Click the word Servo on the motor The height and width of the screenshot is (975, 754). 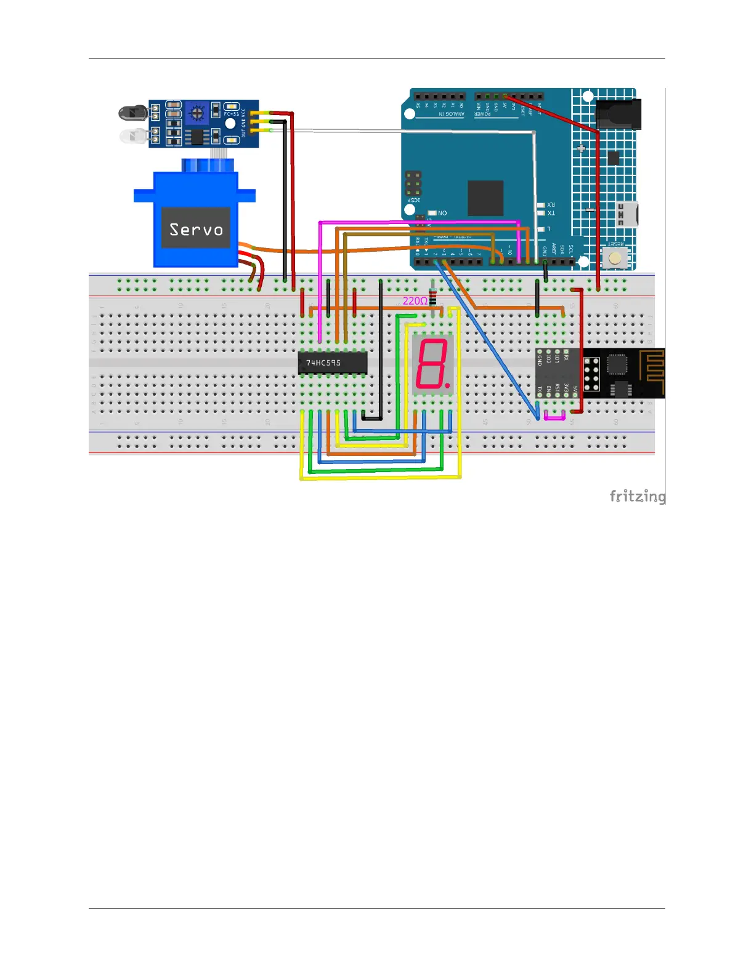click(x=196, y=230)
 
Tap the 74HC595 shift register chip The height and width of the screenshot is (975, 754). click(x=332, y=363)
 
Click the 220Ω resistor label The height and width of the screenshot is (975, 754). click(x=415, y=301)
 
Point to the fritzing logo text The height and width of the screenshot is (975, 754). click(x=637, y=496)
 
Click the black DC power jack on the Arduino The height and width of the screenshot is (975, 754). click(x=618, y=114)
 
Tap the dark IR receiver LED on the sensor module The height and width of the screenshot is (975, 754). click(x=132, y=113)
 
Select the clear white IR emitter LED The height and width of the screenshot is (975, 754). click(x=132, y=136)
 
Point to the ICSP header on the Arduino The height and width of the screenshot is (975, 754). click(x=413, y=183)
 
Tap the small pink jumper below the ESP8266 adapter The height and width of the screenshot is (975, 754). click(x=554, y=417)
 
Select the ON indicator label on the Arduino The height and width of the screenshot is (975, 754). click(x=442, y=213)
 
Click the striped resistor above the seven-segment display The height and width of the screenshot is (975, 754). click(x=433, y=295)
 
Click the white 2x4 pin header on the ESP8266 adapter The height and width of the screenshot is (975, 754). click(x=591, y=374)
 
